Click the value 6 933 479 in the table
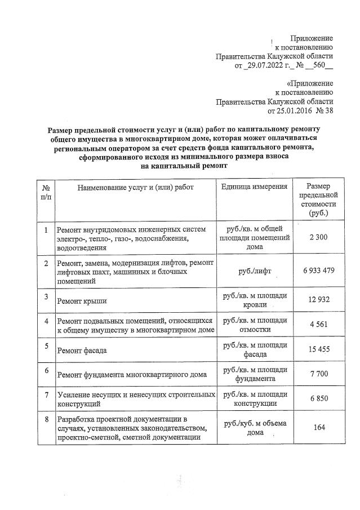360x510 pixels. [x=318, y=270]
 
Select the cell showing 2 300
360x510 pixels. [x=318, y=237]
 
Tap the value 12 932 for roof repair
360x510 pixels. [x=318, y=298]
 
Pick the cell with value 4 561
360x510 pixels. [x=318, y=325]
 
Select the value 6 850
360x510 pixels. [x=318, y=398]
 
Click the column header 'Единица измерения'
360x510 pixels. [x=255, y=187]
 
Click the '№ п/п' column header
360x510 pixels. [x=46, y=192]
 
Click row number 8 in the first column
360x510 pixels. [x=46, y=420]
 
